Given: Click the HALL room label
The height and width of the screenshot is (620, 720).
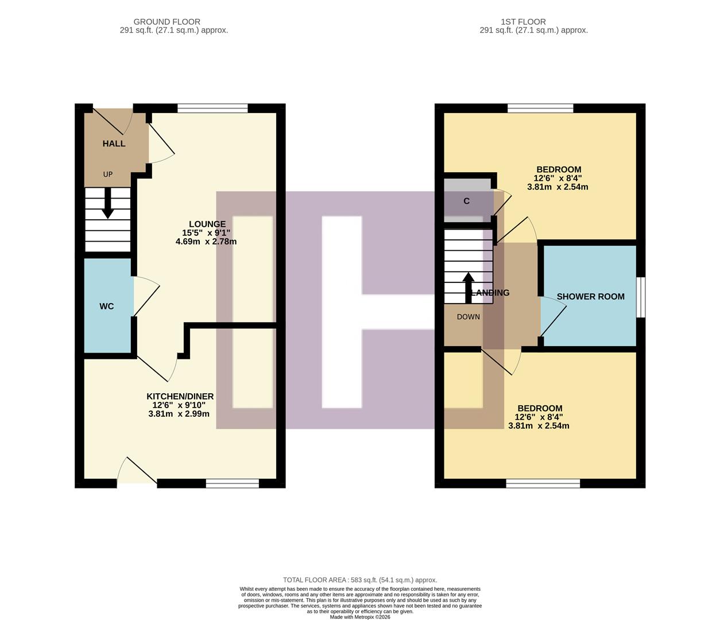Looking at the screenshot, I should click(114, 144).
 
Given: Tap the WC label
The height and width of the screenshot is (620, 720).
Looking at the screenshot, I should click(107, 307).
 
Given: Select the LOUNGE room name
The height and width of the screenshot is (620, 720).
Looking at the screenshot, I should click(207, 224).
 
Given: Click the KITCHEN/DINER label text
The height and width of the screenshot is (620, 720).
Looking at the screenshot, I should click(180, 397).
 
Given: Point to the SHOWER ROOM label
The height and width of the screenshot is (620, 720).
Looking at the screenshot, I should click(590, 297).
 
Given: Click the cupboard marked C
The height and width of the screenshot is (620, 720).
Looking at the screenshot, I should click(467, 201).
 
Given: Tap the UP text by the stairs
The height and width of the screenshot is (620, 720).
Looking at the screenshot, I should click(108, 175).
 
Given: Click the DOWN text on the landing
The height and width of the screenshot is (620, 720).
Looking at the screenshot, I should click(469, 317).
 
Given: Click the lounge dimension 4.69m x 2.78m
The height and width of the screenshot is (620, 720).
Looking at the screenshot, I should click(206, 242).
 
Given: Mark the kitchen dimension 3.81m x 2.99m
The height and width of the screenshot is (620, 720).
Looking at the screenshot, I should click(179, 414).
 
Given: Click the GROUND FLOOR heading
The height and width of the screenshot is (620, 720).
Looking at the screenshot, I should click(167, 22).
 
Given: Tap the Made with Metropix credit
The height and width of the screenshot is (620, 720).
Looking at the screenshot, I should click(360, 617).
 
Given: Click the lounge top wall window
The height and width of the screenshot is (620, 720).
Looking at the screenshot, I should click(212, 108).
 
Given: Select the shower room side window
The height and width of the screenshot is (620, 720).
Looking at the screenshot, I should click(641, 297).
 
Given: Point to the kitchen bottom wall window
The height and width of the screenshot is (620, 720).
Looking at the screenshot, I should click(233, 483).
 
